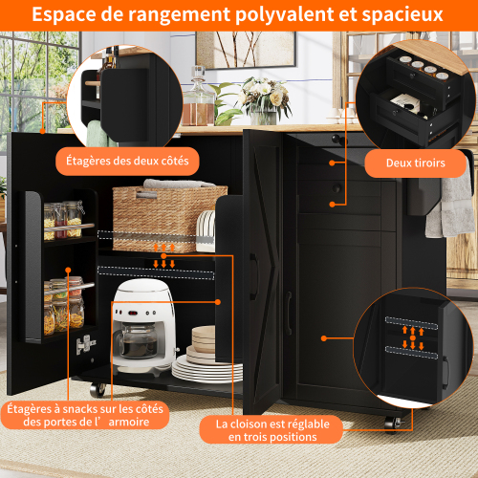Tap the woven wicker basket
[169, 218]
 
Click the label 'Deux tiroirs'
[416, 163]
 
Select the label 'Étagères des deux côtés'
[127, 161]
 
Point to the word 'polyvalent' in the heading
[285, 14]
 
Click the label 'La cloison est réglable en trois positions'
[272, 430]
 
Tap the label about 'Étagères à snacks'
[85, 415]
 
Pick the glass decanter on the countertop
[199, 98]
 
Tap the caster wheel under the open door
[98, 389]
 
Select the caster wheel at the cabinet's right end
[393, 424]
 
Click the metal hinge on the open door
[85, 344]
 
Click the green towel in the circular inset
[98, 134]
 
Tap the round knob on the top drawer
[337, 139]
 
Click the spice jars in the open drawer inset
[424, 68]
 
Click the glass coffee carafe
[138, 339]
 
